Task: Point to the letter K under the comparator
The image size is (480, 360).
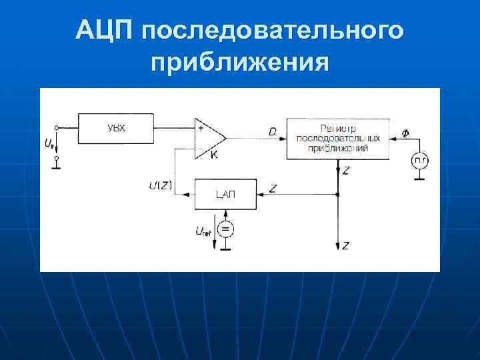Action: (x=214, y=155)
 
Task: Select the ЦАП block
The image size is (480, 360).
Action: (x=225, y=194)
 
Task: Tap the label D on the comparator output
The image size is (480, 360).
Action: (x=272, y=132)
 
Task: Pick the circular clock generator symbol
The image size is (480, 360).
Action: (x=419, y=160)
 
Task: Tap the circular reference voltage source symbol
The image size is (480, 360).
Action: (x=225, y=230)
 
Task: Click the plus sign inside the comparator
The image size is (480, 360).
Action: (x=199, y=126)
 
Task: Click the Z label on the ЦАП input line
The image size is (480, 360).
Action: (x=273, y=189)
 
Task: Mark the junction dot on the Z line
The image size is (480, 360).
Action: (x=339, y=194)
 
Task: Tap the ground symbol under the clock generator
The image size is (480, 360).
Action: (x=419, y=179)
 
